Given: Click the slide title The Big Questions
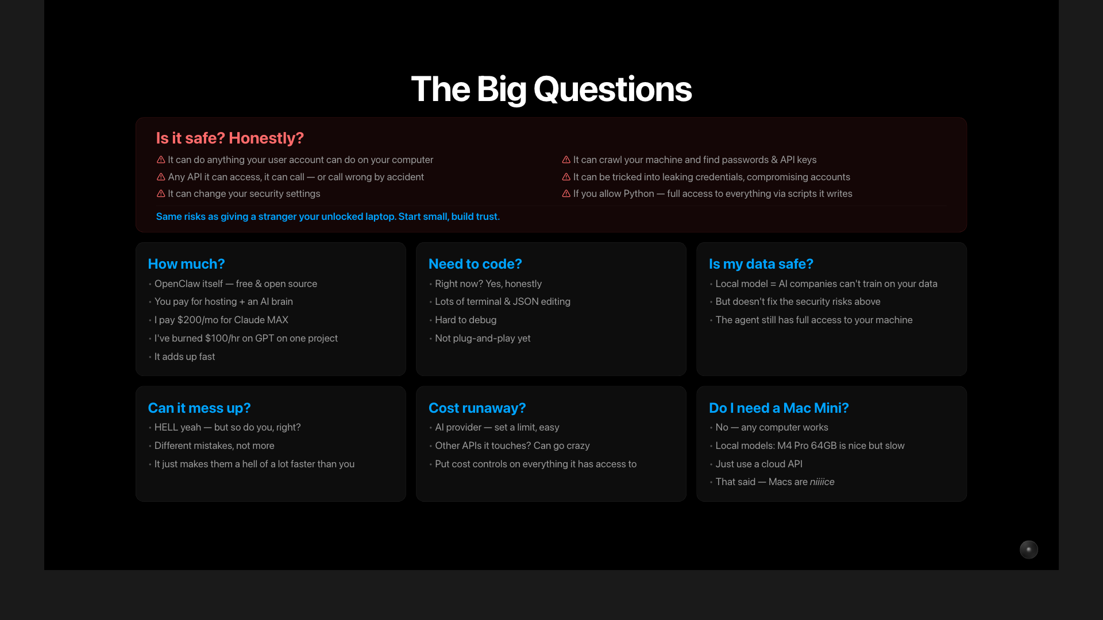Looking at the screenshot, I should coord(551,90).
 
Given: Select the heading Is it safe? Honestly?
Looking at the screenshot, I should coord(230,138).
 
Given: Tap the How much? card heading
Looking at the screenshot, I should coord(186,264).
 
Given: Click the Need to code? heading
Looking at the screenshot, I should coord(475,264).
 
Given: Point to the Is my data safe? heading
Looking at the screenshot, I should coord(761,264).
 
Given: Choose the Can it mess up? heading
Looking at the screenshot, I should coord(199,408).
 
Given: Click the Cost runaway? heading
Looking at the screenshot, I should coord(477,408).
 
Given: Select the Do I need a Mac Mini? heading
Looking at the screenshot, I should coord(778,408).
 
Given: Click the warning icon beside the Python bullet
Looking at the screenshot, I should coord(566,194).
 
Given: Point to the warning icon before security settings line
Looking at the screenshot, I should coord(161,194).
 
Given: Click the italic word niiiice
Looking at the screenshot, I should coord(822,482).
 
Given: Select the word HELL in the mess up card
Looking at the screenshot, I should coord(166,428).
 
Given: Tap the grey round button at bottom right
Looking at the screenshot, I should coord(1028,549).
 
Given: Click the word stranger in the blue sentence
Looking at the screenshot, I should coord(277,217).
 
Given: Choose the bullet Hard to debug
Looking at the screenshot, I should coord(465,320).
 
